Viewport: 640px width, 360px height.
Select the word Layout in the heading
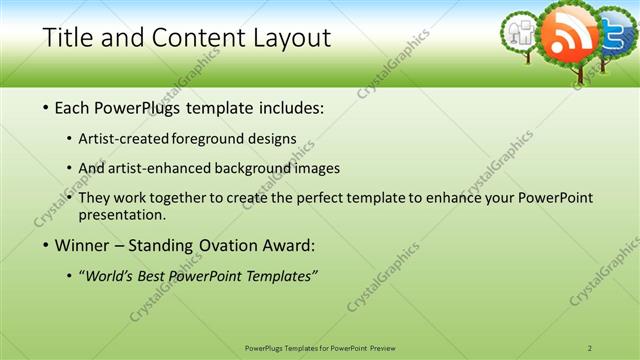(x=291, y=39)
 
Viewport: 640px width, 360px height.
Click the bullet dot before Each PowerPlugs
(x=48, y=107)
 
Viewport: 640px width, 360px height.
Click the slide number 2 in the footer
(x=590, y=347)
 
